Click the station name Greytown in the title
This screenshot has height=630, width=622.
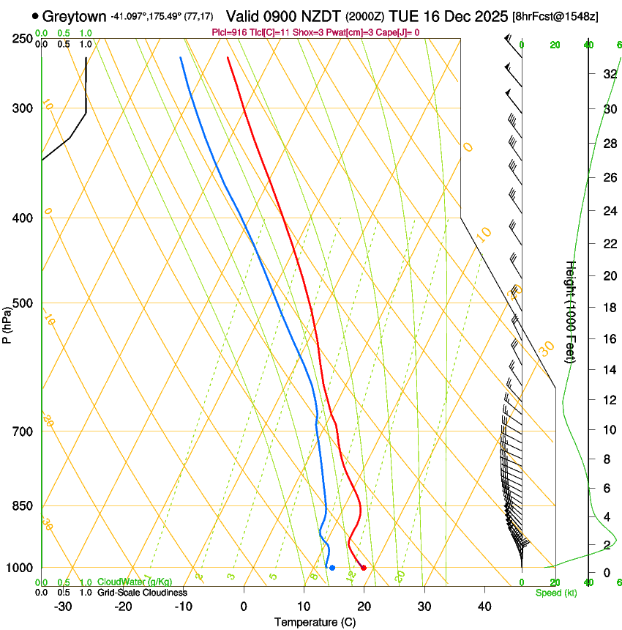(x=75, y=16)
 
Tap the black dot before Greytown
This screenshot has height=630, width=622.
(x=35, y=15)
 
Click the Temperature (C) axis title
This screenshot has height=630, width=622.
(x=315, y=622)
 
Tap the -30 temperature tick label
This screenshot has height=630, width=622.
(x=63, y=606)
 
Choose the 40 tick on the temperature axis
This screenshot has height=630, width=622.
(x=484, y=606)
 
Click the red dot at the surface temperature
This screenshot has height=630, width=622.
(x=364, y=568)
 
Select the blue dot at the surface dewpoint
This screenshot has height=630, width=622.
(x=332, y=568)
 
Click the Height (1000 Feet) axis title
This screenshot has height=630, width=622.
(x=572, y=312)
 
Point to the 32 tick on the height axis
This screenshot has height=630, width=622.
(x=608, y=73)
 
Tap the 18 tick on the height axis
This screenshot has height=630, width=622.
(x=608, y=308)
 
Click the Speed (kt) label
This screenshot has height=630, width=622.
(x=556, y=593)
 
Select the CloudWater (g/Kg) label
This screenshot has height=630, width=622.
(x=130, y=582)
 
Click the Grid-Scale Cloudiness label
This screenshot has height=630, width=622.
(x=142, y=593)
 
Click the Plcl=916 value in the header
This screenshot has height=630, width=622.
(x=231, y=32)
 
